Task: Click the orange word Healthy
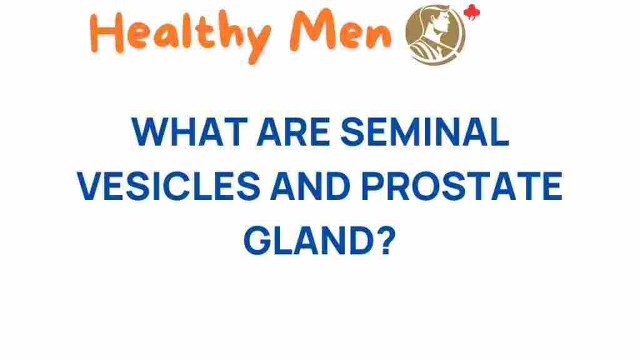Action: tap(179, 36)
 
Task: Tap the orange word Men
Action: tap(341, 32)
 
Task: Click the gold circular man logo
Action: tap(436, 35)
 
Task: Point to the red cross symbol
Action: tap(472, 12)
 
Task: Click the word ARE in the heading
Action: tap(293, 132)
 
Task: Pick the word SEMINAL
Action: tap(424, 132)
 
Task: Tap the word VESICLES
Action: tap(169, 186)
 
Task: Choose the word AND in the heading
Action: tap(311, 186)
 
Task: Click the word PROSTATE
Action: tap(462, 186)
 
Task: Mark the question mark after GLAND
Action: tap(387, 240)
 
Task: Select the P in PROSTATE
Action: tap(372, 186)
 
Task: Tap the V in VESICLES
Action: tap(90, 186)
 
